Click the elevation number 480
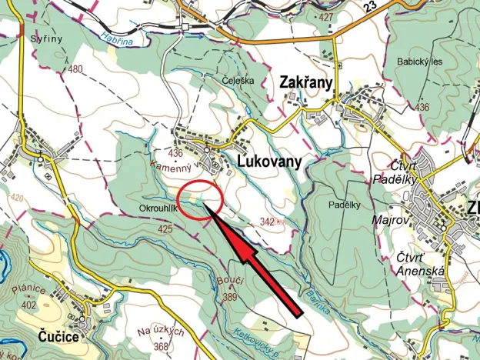75,69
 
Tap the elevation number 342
268,222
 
